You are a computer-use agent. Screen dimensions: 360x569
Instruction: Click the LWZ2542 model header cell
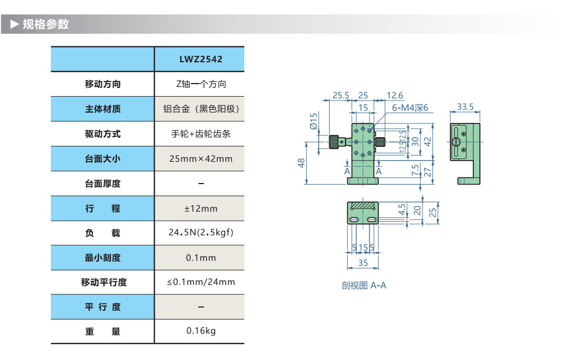(x=201, y=60)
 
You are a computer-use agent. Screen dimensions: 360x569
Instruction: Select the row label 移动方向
(x=103, y=84)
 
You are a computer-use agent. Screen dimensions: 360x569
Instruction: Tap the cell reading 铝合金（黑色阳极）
(x=201, y=109)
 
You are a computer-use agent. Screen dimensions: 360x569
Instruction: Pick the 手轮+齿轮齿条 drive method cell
(x=201, y=133)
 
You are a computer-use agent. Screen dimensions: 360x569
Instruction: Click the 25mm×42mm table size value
(x=201, y=158)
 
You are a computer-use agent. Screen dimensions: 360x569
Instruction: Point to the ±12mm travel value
(x=201, y=208)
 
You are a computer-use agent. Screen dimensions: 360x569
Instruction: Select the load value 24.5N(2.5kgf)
(x=201, y=233)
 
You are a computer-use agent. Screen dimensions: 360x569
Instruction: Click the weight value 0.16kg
(x=201, y=331)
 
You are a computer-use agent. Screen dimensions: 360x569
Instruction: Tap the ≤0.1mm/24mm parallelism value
(x=201, y=282)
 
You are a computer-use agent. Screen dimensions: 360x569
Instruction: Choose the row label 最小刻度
(x=103, y=258)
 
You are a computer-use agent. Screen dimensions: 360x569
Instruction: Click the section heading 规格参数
(x=45, y=25)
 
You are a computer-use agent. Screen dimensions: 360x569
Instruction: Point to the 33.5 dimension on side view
(x=465, y=107)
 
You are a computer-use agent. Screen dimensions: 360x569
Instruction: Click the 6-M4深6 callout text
(x=409, y=108)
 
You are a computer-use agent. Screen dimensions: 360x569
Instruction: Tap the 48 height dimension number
(x=301, y=163)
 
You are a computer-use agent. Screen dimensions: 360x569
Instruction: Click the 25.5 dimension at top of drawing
(x=340, y=95)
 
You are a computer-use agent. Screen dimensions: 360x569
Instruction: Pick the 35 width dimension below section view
(x=362, y=263)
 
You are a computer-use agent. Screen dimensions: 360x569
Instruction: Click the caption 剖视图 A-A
(x=363, y=285)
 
